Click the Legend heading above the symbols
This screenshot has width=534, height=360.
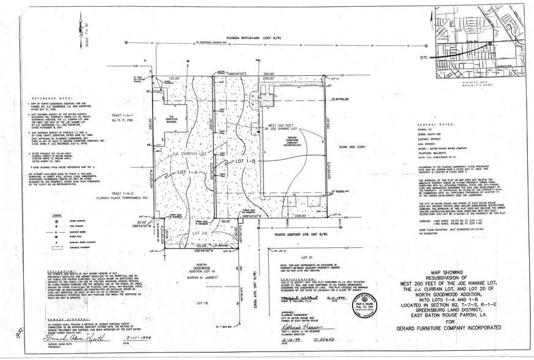click(39, 215)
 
